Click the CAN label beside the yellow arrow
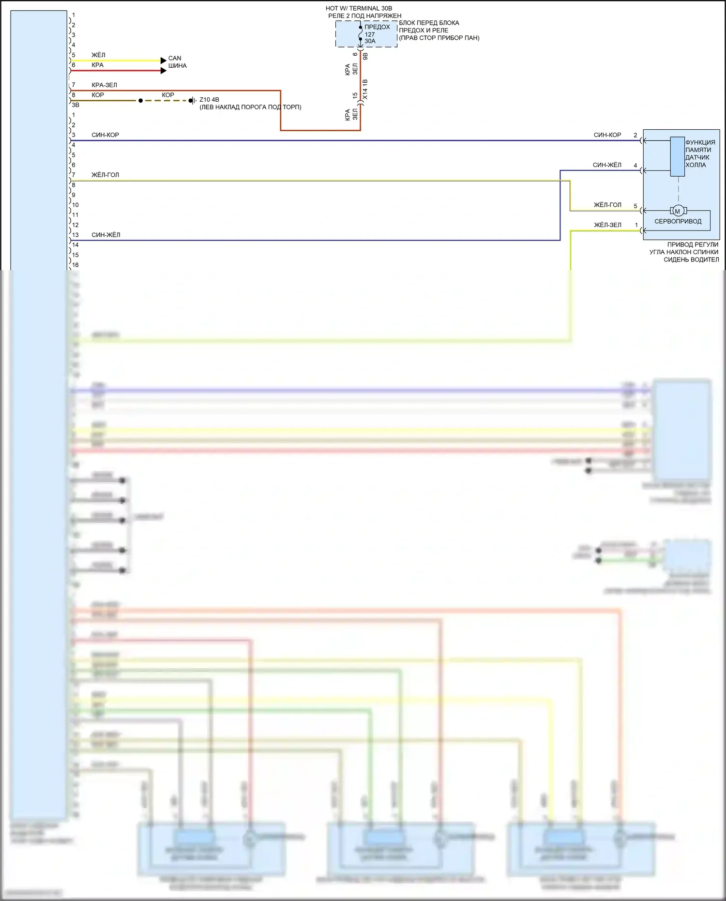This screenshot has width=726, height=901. [x=175, y=58]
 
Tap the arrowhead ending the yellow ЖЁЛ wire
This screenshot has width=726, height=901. [x=163, y=61]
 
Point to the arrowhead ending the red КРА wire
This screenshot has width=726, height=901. [x=163, y=71]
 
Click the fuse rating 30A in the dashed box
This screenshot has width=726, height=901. [x=370, y=41]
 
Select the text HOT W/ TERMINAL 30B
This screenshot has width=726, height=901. [x=359, y=8]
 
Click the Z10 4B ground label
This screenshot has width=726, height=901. [x=209, y=100]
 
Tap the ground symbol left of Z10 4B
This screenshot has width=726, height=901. [x=192, y=101]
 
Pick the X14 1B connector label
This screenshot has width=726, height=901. [x=365, y=90]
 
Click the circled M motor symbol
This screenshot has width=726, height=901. [x=678, y=211]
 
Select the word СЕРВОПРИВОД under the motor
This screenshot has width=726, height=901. [x=678, y=221]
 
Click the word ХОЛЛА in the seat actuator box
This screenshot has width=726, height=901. [x=696, y=165]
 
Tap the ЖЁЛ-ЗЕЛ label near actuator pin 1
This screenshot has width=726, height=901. [x=607, y=225]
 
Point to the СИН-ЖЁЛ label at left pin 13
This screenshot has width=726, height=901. [x=106, y=235]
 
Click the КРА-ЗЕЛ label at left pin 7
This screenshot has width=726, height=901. [x=105, y=85]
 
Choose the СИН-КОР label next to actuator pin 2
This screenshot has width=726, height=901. [x=607, y=135]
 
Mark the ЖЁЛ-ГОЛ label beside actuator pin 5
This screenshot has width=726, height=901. [x=607, y=205]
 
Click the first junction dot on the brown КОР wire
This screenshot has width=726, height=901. [x=140, y=101]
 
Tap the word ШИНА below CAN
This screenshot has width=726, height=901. [x=178, y=66]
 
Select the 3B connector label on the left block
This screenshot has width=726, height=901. [x=76, y=105]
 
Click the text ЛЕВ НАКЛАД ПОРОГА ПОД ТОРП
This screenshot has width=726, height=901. [x=250, y=107]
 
